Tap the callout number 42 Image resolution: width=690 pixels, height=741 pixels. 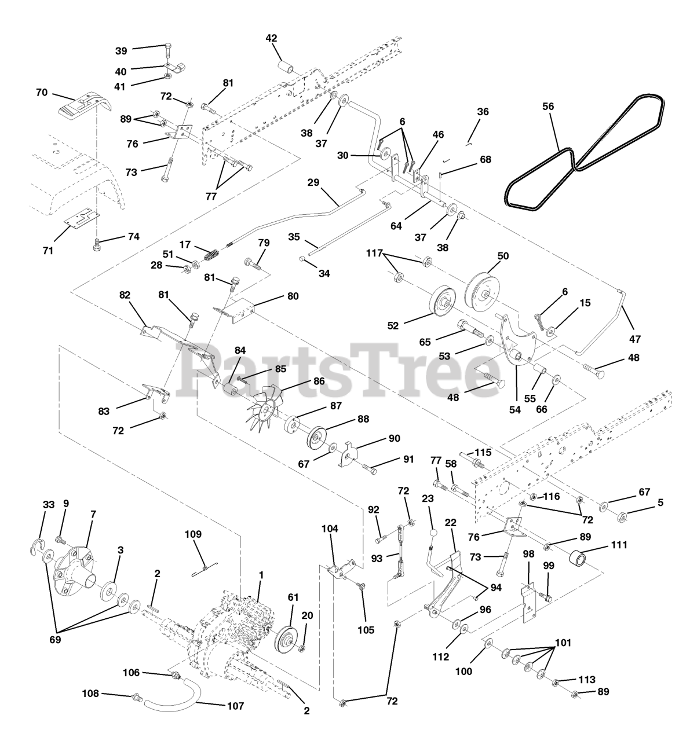click(x=272, y=38)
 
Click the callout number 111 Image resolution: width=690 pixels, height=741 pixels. click(x=619, y=545)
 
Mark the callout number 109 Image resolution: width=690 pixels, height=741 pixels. click(x=193, y=534)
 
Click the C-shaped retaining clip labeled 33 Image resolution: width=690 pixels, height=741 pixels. click(x=36, y=546)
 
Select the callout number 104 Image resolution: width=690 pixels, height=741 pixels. click(x=330, y=529)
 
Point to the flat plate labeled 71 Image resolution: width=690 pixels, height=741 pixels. click(x=82, y=217)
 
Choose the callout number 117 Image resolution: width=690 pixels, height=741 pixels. click(x=374, y=254)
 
